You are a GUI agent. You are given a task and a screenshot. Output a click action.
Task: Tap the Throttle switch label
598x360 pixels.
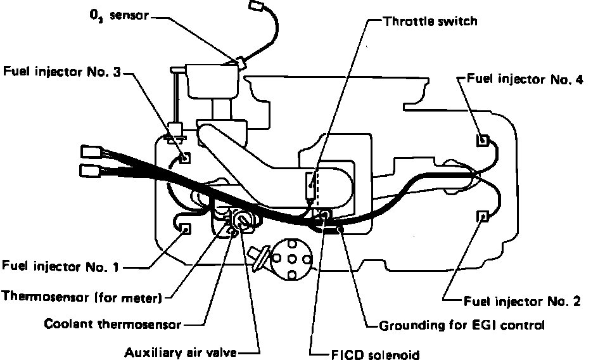[x=430, y=20]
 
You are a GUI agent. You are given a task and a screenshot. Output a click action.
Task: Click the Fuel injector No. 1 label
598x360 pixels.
[x=61, y=267]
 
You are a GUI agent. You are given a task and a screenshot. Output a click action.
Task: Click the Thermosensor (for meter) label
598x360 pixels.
[x=83, y=296]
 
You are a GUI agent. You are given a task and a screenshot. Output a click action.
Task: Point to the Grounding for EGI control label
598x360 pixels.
[x=461, y=326]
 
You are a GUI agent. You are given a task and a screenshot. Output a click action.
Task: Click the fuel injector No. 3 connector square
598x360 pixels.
[x=184, y=157]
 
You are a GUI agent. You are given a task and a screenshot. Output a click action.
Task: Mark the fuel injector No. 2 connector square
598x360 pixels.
[x=483, y=216]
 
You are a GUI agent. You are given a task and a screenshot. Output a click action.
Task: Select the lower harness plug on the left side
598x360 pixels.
[x=89, y=170]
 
